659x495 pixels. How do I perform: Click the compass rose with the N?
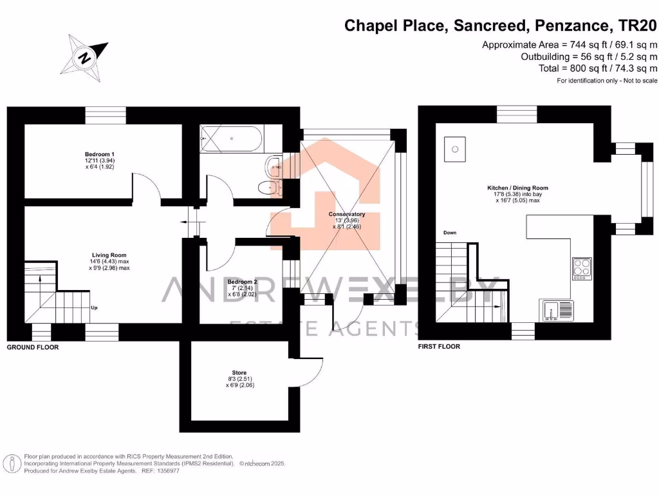pos(84,56)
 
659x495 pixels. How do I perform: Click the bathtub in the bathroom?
pos(230,137)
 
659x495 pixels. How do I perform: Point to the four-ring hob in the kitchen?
pos(582,268)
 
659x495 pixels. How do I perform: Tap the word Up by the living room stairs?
pos(94,308)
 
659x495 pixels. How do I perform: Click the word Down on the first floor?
pos(449,233)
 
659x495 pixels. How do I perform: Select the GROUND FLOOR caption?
pos(33,347)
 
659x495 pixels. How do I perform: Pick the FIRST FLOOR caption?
pos(439,346)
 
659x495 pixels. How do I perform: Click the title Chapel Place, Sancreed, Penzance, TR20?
pos(501,26)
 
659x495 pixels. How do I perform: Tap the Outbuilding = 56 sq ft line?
pos(588,57)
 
